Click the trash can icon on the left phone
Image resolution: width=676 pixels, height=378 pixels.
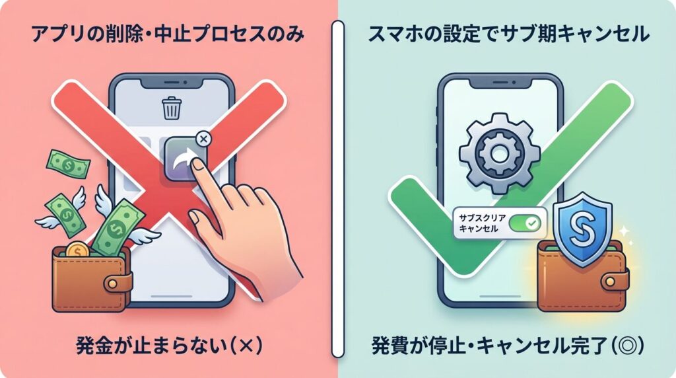(x=172, y=108)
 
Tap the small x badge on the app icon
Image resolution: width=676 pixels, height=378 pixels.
(x=203, y=139)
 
